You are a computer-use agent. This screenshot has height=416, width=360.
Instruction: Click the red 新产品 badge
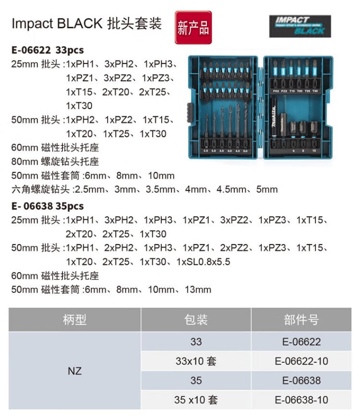(193, 27)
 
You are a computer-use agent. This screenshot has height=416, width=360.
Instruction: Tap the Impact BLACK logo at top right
(300, 26)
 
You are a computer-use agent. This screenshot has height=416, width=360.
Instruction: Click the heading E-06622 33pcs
(48, 50)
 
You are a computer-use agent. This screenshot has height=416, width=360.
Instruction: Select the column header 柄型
(74, 319)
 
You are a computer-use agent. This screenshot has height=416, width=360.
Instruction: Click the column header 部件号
(301, 319)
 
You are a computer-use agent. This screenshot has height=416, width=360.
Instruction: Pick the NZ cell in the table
(74, 371)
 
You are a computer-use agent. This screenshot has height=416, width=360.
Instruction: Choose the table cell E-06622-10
(301, 361)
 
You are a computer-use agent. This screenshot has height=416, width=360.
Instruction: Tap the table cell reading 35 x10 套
(196, 400)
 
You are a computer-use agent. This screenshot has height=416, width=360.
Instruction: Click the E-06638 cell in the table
(301, 380)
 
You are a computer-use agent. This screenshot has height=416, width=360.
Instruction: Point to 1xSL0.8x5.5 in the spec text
(204, 262)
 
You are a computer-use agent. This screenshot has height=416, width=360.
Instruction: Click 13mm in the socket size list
(198, 290)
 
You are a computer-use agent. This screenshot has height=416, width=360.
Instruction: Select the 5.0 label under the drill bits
(245, 151)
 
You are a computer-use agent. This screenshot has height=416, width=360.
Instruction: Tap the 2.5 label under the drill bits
(206, 151)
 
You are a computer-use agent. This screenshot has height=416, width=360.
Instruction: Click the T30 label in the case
(315, 91)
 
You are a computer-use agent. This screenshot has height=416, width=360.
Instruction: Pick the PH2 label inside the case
(276, 91)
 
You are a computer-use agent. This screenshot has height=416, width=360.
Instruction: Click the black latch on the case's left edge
(190, 112)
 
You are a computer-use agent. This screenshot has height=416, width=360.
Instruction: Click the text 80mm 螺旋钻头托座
(55, 161)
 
